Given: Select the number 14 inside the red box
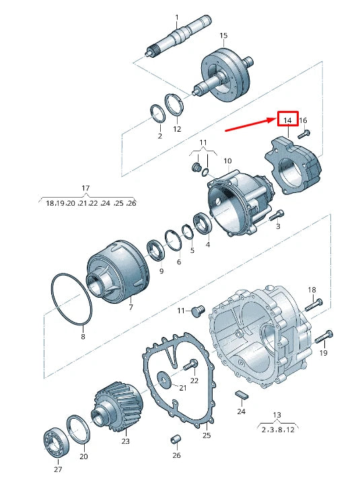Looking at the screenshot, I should (288, 120).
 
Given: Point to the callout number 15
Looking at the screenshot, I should (223, 36).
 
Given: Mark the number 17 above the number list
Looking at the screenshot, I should (85, 188).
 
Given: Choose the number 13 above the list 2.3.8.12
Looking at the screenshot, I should (277, 414).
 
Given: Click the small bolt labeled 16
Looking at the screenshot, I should (305, 133).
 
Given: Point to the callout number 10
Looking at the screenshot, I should (227, 161).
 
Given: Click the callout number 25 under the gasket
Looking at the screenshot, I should (207, 435).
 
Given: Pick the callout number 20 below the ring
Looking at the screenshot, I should (83, 456).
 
